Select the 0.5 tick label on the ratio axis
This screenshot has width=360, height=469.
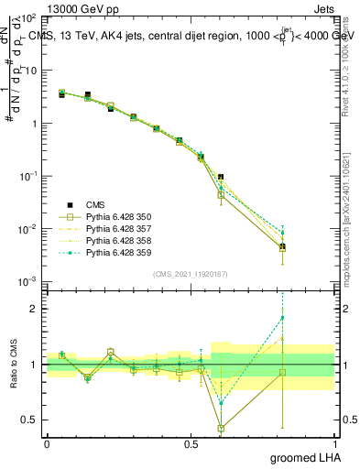pyautogui.click(x=27, y=420)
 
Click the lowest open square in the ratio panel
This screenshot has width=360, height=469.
pyautogui.click(x=221, y=428)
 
